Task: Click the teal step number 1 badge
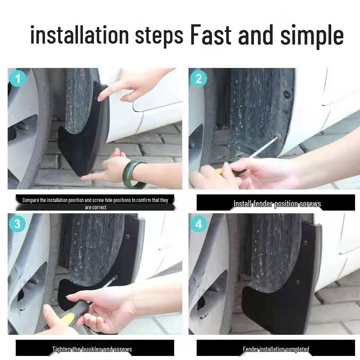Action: pos(18,79)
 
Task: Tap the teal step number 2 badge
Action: pos(198,79)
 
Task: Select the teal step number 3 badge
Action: pos(18,224)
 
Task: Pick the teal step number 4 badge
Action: pos(198,224)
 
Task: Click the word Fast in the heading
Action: pos(211,35)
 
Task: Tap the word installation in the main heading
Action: pos(80,35)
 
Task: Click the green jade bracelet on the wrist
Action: pos(134,173)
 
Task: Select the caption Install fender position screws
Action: pos(277,204)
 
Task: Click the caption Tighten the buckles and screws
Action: pos(92,349)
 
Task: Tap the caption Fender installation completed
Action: pos(276,349)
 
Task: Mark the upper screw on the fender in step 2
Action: pos(287,94)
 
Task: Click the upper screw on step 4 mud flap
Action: pos(305,243)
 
